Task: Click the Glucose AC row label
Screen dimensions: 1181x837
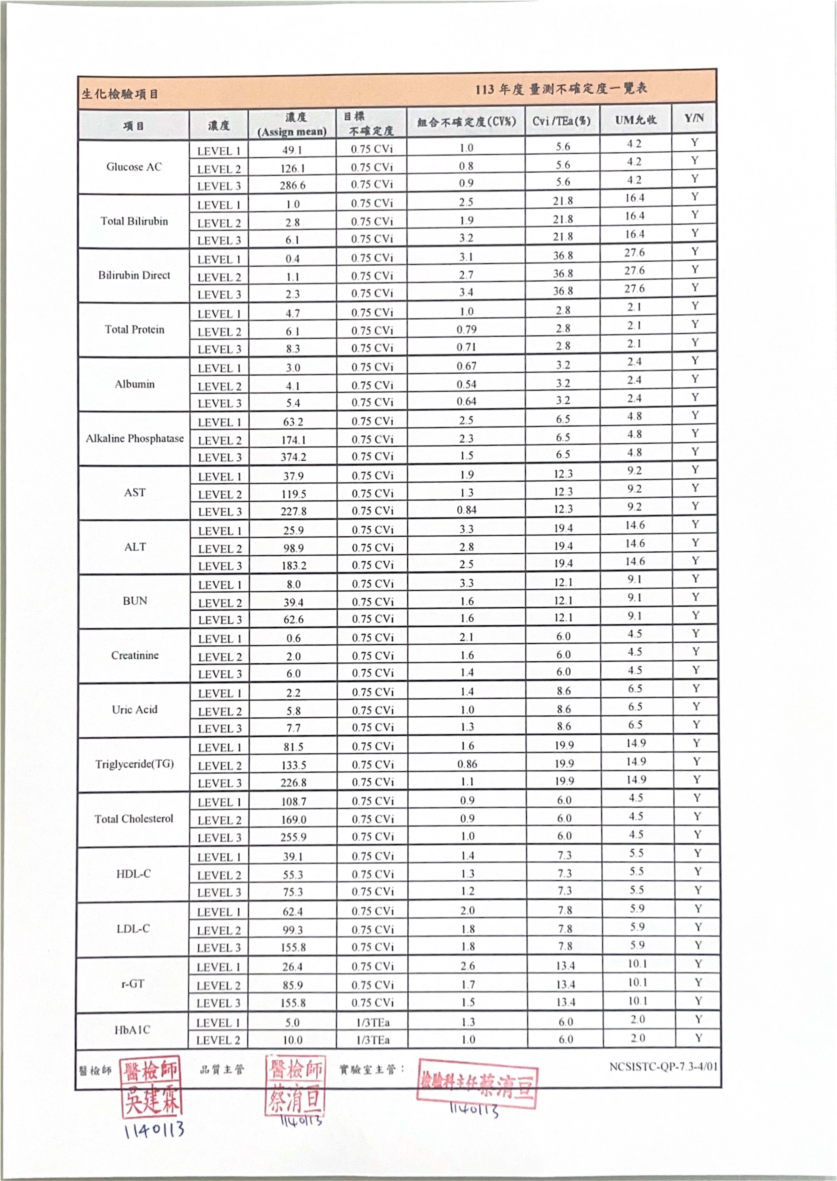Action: [134, 167]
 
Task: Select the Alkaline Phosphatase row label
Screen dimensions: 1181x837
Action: [134, 439]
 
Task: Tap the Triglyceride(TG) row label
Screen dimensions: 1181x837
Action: [134, 764]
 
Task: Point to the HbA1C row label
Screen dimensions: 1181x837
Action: [132, 1030]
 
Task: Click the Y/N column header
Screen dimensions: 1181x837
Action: [694, 119]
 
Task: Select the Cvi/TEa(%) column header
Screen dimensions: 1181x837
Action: [562, 121]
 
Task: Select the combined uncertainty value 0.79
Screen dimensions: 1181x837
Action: [466, 329]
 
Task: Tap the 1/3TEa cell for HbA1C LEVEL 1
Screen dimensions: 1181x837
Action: [373, 1022]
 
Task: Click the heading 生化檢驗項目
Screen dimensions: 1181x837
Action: [120, 94]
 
